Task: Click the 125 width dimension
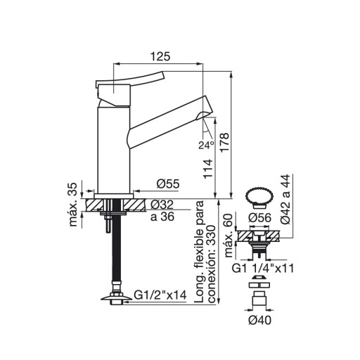pyautogui.click(x=160, y=56)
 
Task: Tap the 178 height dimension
pyautogui.click(x=224, y=143)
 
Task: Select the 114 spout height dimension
pyautogui.click(x=208, y=169)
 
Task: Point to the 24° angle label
pyautogui.click(x=206, y=146)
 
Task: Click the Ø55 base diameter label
pyautogui.click(x=168, y=184)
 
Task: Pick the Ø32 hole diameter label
pyautogui.click(x=162, y=205)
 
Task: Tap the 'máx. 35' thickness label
pyautogui.click(x=73, y=205)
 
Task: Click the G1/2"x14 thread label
pyautogui.click(x=160, y=295)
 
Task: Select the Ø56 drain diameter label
pyautogui.click(x=259, y=218)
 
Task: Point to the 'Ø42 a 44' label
pyautogui.click(x=285, y=200)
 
